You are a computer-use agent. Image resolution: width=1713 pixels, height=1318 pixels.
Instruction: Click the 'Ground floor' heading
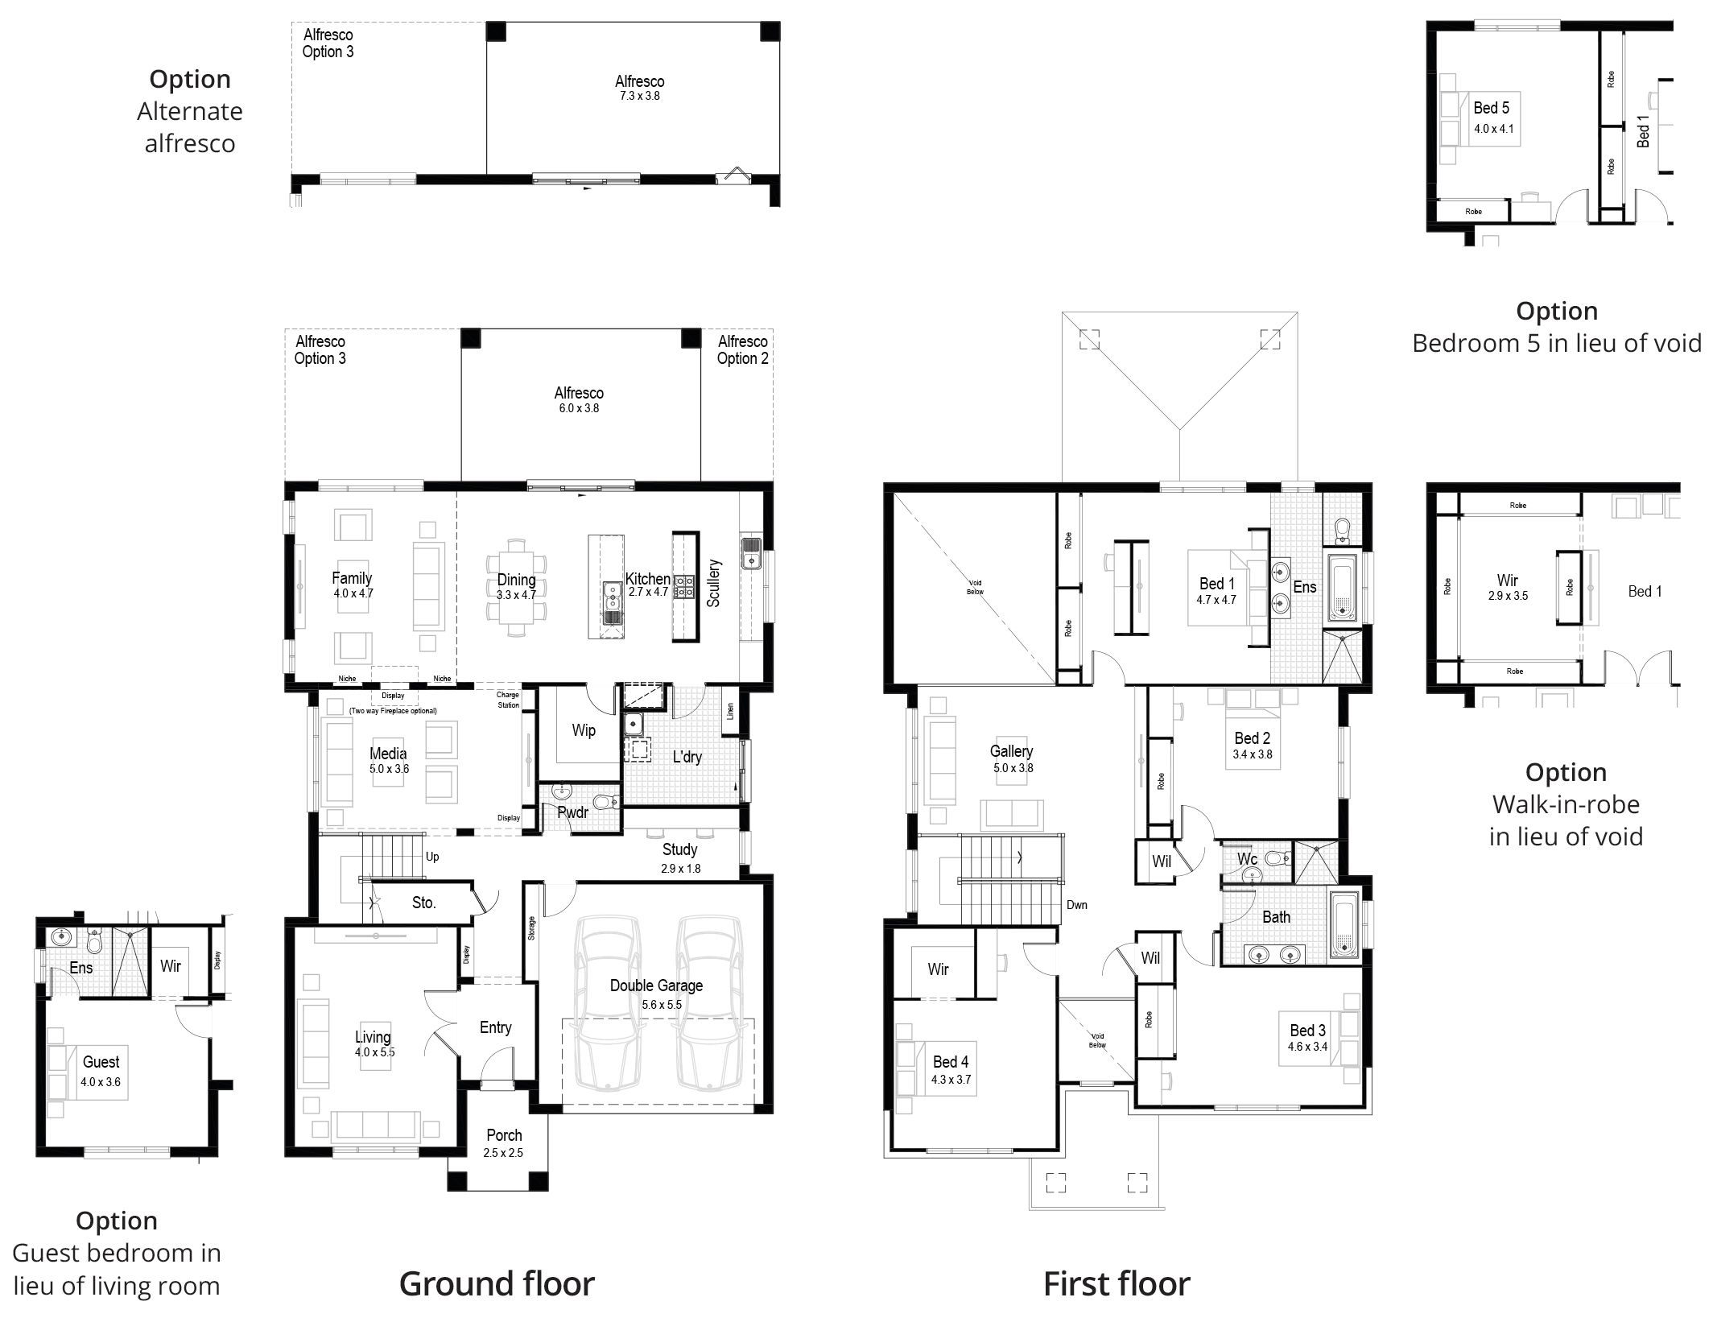[x=497, y=1283]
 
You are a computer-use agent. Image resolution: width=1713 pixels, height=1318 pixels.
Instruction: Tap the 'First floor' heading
[x=1117, y=1283]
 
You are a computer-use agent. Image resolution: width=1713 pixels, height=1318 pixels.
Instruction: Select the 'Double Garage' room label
[x=656, y=985]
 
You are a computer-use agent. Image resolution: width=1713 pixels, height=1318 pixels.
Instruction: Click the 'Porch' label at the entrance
[x=504, y=1135]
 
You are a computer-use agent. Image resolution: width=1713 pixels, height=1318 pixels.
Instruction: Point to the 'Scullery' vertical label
[x=714, y=583]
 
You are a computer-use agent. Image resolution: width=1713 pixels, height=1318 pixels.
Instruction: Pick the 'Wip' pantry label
[x=584, y=730]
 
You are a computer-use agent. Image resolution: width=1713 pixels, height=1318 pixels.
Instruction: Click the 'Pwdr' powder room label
[x=572, y=812]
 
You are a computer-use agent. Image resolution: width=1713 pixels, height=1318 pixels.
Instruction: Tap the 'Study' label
[x=679, y=849]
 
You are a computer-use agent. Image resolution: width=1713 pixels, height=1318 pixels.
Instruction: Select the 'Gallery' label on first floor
[x=1011, y=751]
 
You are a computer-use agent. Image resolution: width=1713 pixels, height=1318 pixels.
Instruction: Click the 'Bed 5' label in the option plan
[x=1491, y=108]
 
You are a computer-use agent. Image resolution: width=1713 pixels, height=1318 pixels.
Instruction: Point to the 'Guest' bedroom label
[x=101, y=1062]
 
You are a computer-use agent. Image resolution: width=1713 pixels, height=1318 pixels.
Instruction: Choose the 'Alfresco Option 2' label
[x=742, y=350]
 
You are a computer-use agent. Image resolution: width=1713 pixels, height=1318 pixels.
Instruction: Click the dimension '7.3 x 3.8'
[x=639, y=96]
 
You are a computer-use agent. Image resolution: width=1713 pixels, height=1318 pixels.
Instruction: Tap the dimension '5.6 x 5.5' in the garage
[x=662, y=1005]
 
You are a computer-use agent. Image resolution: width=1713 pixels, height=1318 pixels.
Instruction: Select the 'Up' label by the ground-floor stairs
[x=432, y=857]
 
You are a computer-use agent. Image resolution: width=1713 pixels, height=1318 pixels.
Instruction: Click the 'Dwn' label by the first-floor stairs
[x=1077, y=905]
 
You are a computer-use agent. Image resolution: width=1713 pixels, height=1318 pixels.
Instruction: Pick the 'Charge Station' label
[x=508, y=700]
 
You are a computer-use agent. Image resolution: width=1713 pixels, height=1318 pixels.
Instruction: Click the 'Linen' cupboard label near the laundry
[x=731, y=711]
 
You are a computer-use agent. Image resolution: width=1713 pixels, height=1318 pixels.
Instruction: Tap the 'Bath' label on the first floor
[x=1276, y=917]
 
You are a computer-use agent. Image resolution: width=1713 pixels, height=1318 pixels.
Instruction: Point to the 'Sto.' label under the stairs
[x=423, y=903]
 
